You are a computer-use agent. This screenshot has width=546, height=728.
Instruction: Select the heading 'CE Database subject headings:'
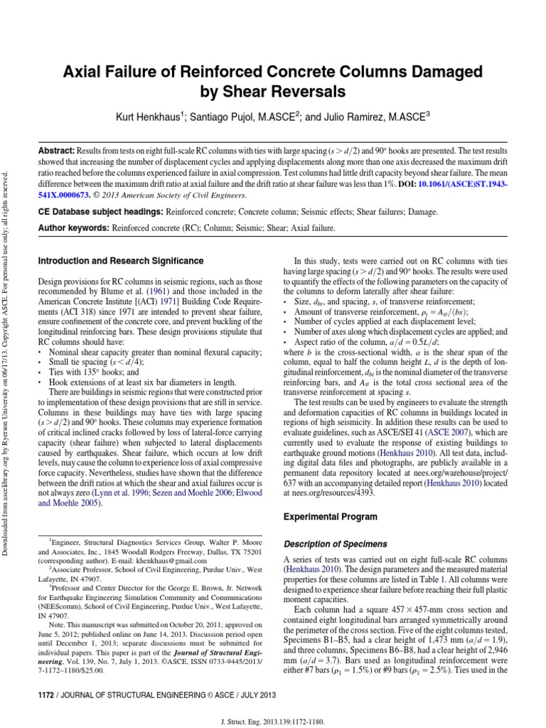coord(100,213)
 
